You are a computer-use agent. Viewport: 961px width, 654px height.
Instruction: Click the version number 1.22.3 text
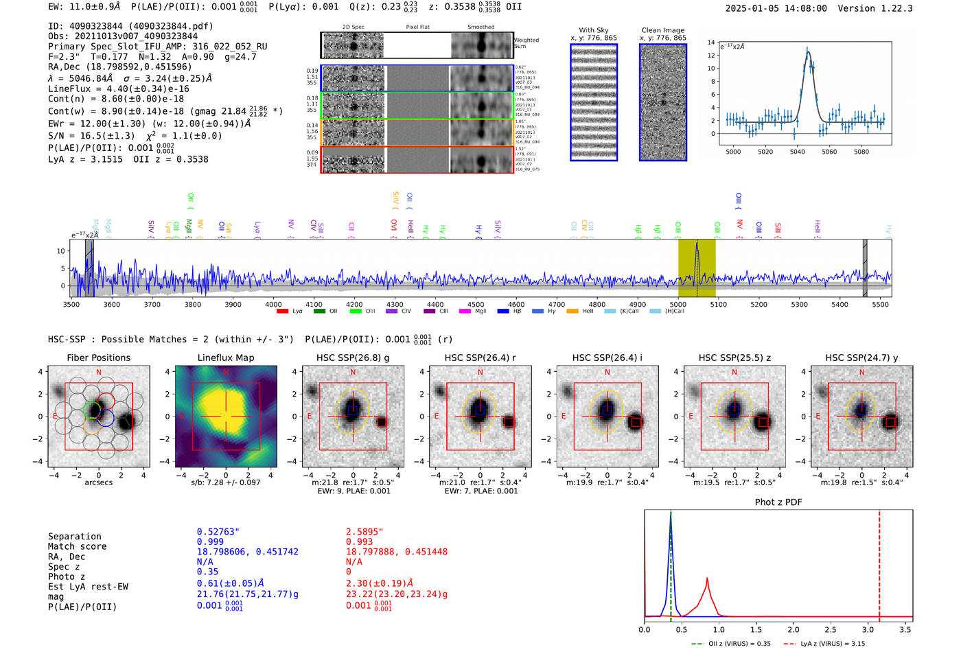click(x=896, y=8)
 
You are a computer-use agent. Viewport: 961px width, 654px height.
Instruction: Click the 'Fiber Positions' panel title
click(x=98, y=358)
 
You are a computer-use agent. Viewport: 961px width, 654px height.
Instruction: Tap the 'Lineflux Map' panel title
click(x=225, y=358)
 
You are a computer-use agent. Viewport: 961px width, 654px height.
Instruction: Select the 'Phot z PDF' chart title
click(x=778, y=502)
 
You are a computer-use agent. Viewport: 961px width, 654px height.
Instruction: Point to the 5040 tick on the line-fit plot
click(x=797, y=152)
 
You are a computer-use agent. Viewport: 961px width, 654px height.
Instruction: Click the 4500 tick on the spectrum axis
click(x=476, y=304)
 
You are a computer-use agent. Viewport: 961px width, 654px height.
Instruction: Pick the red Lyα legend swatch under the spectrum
click(x=282, y=311)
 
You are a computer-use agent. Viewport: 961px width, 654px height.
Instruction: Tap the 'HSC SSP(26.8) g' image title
click(x=353, y=358)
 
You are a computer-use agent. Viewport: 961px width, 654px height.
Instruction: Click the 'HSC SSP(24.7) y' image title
click(x=861, y=358)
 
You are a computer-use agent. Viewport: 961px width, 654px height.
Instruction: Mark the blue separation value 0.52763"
click(x=218, y=532)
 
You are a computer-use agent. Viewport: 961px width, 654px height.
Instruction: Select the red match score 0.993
click(x=359, y=541)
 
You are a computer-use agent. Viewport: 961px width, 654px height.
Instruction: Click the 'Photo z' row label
click(x=66, y=576)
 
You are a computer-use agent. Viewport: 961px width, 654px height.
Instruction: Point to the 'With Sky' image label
click(x=594, y=30)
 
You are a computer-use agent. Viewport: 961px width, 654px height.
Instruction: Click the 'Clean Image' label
click(x=662, y=30)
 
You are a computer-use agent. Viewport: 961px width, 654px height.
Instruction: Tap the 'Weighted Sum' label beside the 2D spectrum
click(x=526, y=43)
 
